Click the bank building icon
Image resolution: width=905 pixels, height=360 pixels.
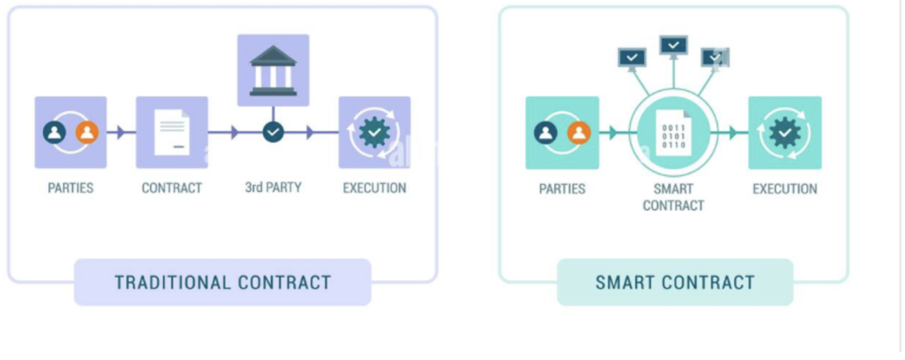tap(273, 70)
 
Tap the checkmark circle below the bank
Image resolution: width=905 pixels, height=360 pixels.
tap(273, 131)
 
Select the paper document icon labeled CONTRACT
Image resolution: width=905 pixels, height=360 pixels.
tap(172, 131)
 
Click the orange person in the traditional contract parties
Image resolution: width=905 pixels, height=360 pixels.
tap(87, 132)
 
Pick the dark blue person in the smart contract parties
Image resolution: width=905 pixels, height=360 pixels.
tap(547, 133)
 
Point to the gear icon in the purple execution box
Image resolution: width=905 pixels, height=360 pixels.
tap(374, 132)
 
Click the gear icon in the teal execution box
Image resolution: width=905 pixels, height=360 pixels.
tap(784, 133)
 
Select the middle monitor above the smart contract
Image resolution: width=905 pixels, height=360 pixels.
tap(673, 45)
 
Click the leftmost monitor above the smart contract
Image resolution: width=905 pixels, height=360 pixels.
tap(632, 57)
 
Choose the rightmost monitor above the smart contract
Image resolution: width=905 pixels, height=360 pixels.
tap(715, 57)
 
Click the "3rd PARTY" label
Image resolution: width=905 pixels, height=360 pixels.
tap(273, 187)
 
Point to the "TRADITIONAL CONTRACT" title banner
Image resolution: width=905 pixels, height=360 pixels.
tap(222, 282)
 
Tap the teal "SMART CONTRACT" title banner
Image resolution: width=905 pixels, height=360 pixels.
tap(675, 282)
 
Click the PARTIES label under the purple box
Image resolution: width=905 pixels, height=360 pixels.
tap(71, 188)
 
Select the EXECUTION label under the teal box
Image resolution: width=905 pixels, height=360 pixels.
tap(784, 189)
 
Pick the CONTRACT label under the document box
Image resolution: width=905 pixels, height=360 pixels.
tap(172, 188)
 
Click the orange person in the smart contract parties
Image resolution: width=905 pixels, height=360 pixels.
tap(578, 133)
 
